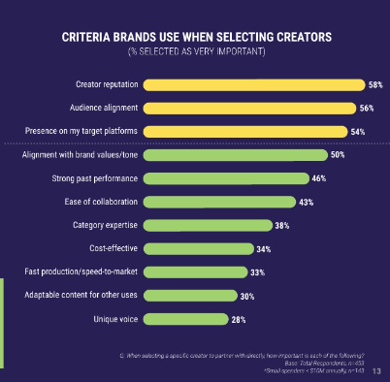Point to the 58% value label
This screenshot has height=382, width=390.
pyautogui.click(x=374, y=85)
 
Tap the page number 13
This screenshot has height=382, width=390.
pyautogui.click(x=374, y=371)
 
